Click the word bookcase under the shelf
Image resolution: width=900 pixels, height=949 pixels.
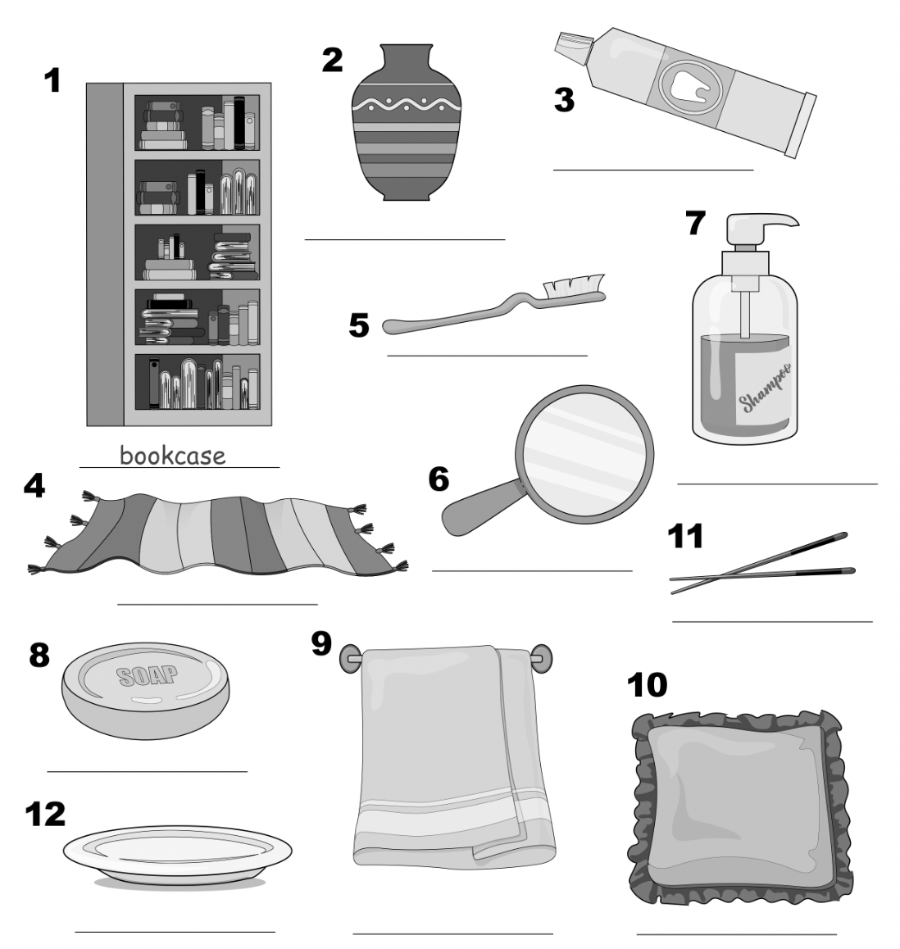click(172, 455)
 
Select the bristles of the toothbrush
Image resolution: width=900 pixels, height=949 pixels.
click(573, 286)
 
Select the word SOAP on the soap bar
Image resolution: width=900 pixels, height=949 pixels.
click(148, 675)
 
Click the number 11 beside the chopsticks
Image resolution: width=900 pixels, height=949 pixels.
click(687, 538)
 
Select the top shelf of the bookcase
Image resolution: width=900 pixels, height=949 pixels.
click(197, 123)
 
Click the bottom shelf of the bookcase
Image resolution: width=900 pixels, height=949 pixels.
click(197, 383)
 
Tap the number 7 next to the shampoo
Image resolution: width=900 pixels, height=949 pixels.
click(694, 223)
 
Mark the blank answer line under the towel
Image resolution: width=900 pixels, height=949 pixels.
click(452, 933)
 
